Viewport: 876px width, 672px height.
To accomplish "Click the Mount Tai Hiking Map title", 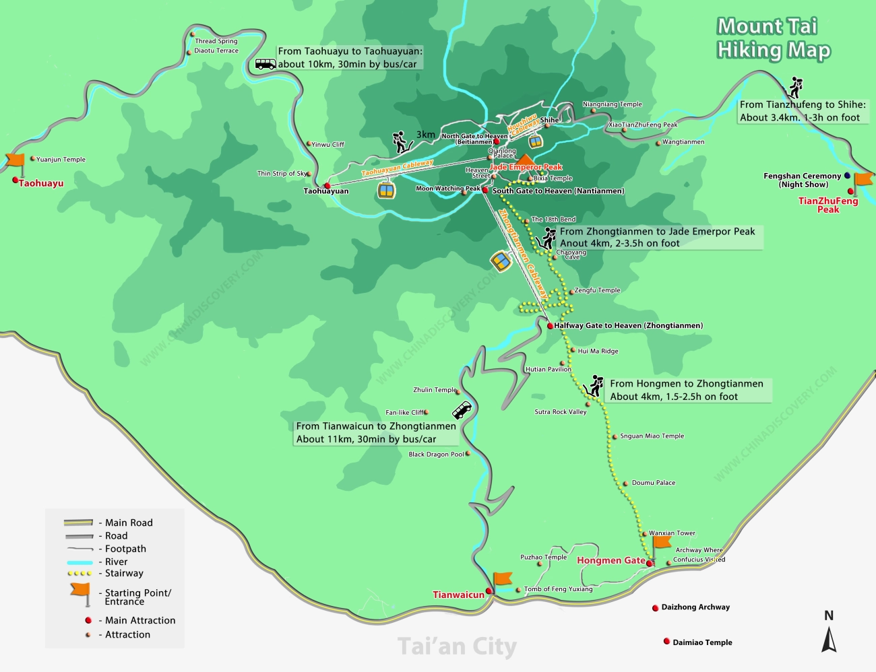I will pos(773,38).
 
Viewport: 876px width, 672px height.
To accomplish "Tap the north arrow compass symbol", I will pos(829,633).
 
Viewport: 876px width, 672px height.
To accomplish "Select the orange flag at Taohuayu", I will pos(15,162).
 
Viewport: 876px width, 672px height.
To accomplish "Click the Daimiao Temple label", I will pos(702,642).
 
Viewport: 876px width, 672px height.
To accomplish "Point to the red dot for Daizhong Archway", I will pos(655,608).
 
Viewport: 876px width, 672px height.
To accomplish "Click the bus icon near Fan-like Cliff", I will pos(462,410).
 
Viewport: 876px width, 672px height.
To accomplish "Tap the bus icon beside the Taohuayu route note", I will pos(265,64).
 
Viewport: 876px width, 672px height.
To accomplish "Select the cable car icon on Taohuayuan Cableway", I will pos(386,190).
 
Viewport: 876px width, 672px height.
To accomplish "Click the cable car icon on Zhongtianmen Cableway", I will pos(501,261).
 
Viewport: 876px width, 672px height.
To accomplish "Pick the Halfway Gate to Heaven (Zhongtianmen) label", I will pos(628,326).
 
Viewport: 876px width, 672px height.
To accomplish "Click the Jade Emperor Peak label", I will pos(526,167).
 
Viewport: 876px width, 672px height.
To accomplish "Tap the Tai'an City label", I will pos(457,646).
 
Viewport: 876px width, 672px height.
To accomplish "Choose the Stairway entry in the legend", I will pos(124,574).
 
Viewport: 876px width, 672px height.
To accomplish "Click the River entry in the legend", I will pos(116,562).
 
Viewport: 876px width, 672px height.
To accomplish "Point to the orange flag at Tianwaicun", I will pos(501,580).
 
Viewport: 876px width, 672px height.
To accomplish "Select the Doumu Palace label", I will pos(653,483).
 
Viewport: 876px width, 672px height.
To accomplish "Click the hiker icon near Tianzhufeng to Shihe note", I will pos(796,88).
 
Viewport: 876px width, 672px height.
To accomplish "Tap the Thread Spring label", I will pos(216,41).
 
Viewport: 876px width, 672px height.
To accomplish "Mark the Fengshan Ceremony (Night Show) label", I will pos(802,180).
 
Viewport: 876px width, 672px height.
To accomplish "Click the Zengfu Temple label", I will pos(597,290).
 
